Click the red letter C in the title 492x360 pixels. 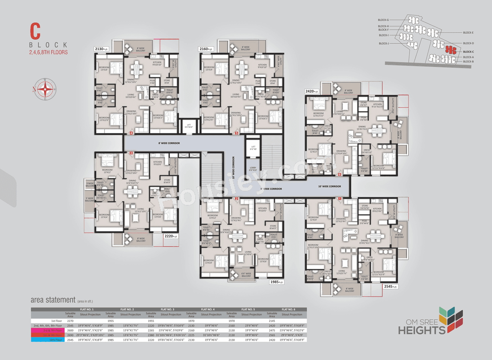pos(36,31)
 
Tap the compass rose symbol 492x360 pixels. pos(45,89)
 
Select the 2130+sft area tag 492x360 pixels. pos(102,49)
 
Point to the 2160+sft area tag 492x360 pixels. pos(206,49)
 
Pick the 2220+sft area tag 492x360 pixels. pos(171,236)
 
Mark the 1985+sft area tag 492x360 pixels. pos(276,282)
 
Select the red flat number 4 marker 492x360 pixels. pos(131,133)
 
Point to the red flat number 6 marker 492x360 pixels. pos(339,174)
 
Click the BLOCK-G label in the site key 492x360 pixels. pos(383,20)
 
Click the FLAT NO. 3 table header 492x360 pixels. pos(168,309)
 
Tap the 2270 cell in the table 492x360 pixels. pos(70,320)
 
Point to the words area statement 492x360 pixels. pos(53,300)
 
